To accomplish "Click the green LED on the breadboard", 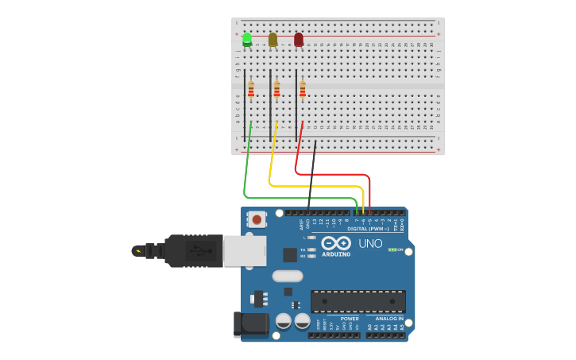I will pyautogui.click(x=247, y=38).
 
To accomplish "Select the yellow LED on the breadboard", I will pyautogui.click(x=273, y=39).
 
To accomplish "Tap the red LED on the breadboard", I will pyautogui.click(x=299, y=39).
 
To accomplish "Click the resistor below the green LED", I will pyautogui.click(x=251, y=89).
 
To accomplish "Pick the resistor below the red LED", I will pyautogui.click(x=303, y=89).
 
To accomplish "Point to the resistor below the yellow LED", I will pyautogui.click(x=276, y=89).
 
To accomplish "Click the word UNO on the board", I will pyautogui.click(x=370, y=243).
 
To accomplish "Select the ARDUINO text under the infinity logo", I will pyautogui.click(x=336, y=254).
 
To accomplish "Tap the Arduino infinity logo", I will pyautogui.click(x=336, y=243).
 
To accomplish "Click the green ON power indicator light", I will pyautogui.click(x=391, y=250).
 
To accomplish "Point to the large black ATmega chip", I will pyautogui.click(x=358, y=301).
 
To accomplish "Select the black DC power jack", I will pyautogui.click(x=249, y=325).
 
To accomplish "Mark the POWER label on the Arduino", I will pyautogui.click(x=350, y=319).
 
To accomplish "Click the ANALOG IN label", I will pyautogui.click(x=389, y=319).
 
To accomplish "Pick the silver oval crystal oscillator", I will pyautogui.click(x=288, y=276).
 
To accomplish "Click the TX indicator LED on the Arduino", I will pyautogui.click(x=312, y=250).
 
